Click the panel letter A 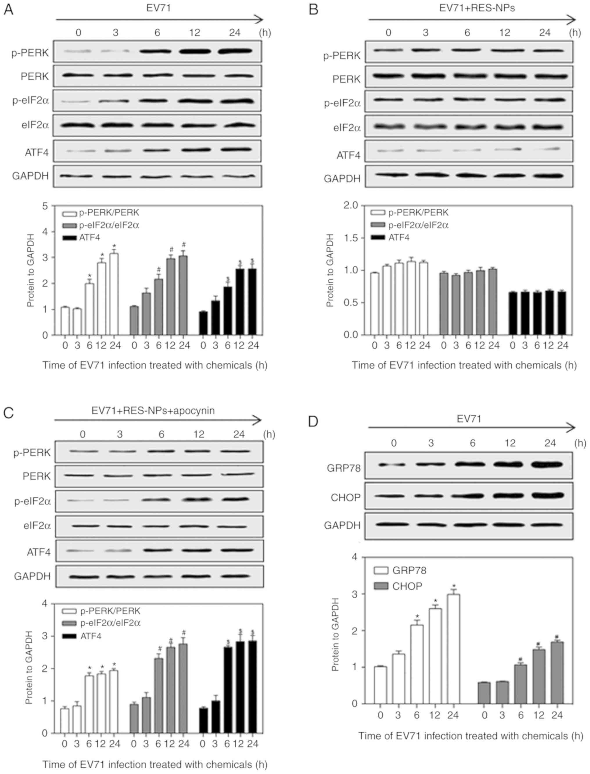pyautogui.click(x=8, y=10)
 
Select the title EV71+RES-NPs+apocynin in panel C pyautogui.click(x=153, y=411)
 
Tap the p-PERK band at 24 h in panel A pyautogui.click(x=235, y=51)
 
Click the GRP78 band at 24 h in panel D pyautogui.click(x=550, y=465)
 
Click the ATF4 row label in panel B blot pyautogui.click(x=348, y=155)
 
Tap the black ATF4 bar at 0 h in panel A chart pyautogui.click(x=203, y=323)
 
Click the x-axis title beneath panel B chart pyautogui.click(x=464, y=365)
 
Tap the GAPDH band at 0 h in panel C pyautogui.click(x=83, y=577)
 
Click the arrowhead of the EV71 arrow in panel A pyautogui.click(x=259, y=19)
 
